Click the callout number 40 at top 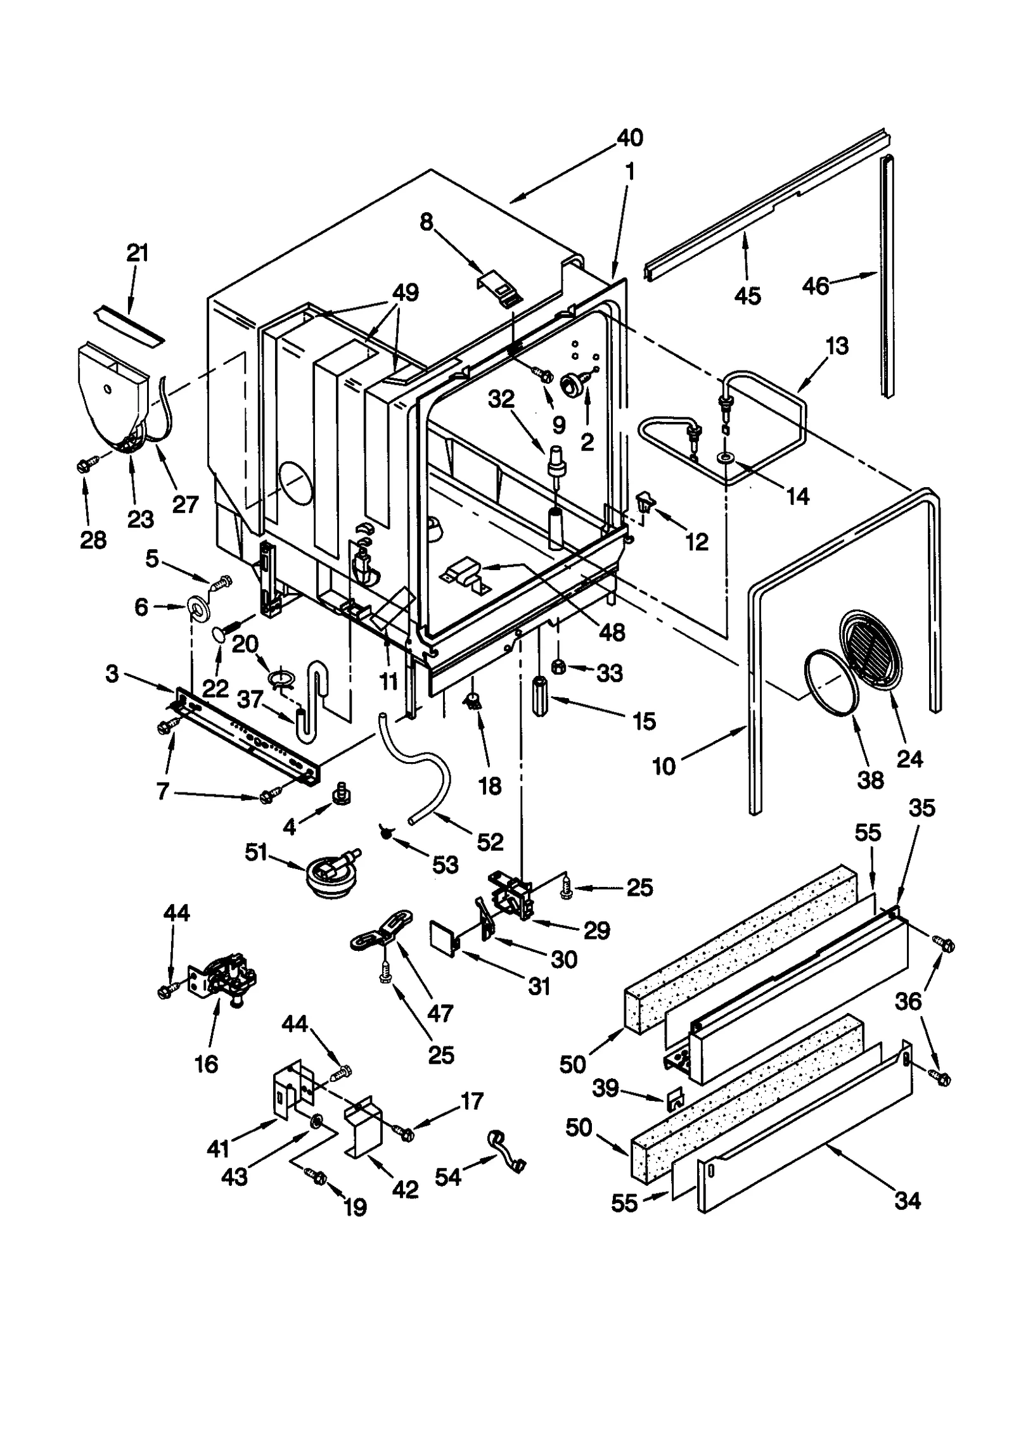[x=629, y=137]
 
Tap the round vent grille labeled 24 [x=873, y=649]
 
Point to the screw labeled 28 [x=85, y=465]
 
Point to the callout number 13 [x=837, y=347]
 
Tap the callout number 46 [x=816, y=286]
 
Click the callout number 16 [x=207, y=1064]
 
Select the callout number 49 [x=405, y=293]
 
